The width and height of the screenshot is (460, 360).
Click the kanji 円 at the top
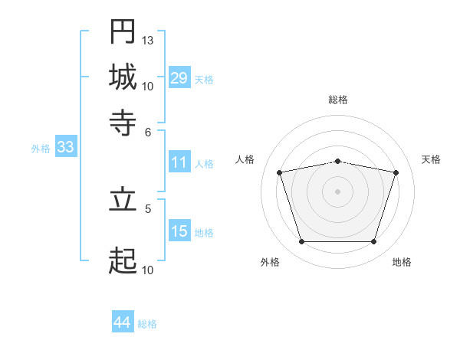(x=123, y=31)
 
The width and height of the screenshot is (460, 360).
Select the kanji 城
(x=123, y=77)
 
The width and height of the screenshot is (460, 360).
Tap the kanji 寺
(x=123, y=123)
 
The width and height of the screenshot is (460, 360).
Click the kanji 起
(x=123, y=260)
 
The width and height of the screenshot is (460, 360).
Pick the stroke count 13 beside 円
(x=147, y=40)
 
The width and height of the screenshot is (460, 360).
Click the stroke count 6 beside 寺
(x=148, y=133)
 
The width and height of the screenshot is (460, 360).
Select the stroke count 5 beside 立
(x=148, y=209)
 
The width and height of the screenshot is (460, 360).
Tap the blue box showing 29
(x=179, y=77)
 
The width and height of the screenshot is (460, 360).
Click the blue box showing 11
(x=179, y=162)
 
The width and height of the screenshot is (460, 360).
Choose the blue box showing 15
(x=179, y=230)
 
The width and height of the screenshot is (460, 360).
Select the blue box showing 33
(x=66, y=146)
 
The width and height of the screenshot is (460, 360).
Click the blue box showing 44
(x=123, y=321)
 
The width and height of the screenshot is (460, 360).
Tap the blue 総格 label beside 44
(x=147, y=324)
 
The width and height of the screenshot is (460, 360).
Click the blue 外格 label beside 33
(x=41, y=149)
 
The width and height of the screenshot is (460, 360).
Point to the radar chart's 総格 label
(x=338, y=100)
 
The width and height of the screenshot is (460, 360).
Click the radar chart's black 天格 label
(x=431, y=159)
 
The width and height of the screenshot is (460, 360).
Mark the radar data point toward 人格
(x=280, y=172)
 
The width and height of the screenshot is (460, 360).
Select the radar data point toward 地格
(x=374, y=242)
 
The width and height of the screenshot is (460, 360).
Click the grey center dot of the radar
(x=337, y=191)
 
